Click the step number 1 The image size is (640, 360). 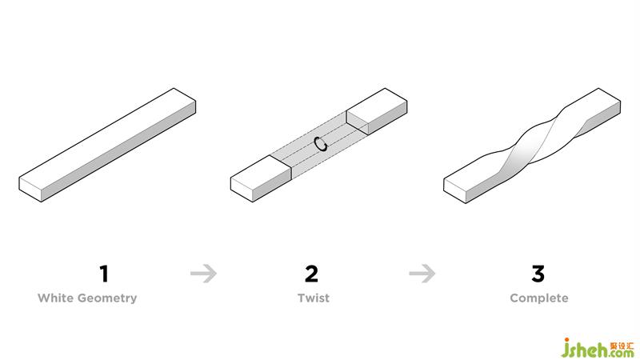click(104, 274)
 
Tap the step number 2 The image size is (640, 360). click(311, 274)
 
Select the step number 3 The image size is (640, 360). click(538, 274)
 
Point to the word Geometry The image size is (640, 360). click(107, 298)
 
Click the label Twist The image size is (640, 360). click(314, 298)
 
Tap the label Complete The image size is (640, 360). click(538, 298)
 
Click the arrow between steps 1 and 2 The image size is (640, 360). click(204, 273)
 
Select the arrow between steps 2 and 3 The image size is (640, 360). click(422, 273)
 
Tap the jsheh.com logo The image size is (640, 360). click(598, 348)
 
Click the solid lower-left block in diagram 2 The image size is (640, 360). click(261, 178)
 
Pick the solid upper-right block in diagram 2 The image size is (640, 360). click(377, 111)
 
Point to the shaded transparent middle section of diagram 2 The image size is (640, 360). click(318, 145)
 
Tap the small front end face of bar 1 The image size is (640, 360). click(30, 190)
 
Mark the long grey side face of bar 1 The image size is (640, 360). click(118, 151)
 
